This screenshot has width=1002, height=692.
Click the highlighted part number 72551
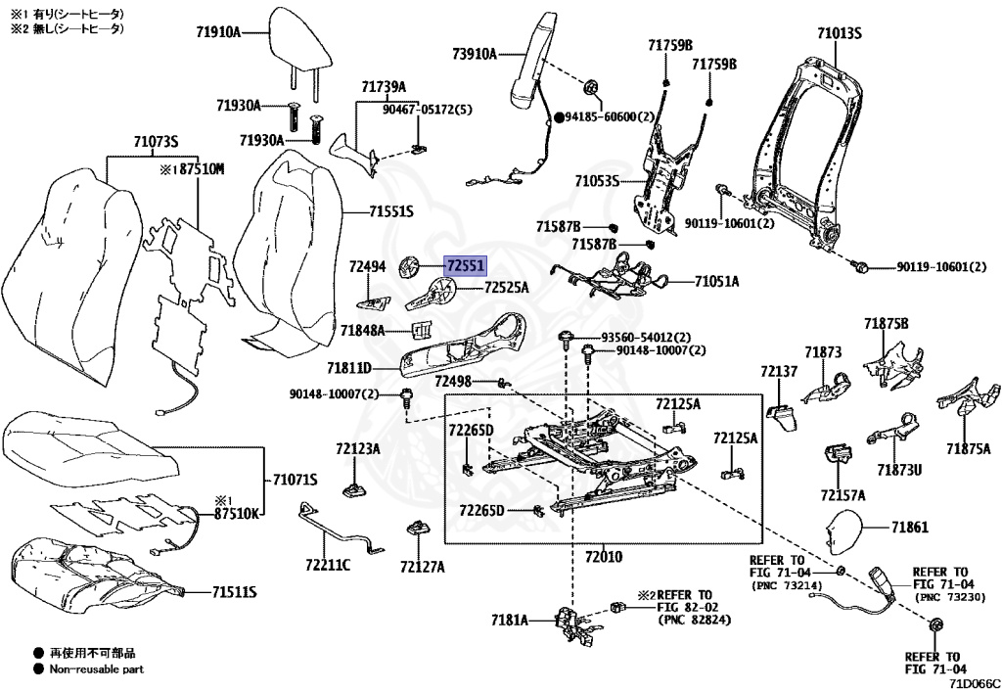pos(466,265)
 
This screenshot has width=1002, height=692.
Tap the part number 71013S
pos(839,32)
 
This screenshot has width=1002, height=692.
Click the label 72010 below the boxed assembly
pos(603,557)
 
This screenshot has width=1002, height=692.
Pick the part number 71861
pos(910,528)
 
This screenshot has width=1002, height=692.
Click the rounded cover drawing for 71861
pos(844,531)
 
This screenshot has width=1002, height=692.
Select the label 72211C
pos(328,565)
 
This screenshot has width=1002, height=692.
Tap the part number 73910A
pos(475,54)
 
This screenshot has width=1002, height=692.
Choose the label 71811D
pos(349,368)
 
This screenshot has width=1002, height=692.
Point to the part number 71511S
pos(235,592)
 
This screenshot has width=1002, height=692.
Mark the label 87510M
pos(202,169)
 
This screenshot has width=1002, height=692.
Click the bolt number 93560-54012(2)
pos(646,337)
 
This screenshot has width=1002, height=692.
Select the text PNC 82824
pos(697,620)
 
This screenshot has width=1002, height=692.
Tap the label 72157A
pos(843,495)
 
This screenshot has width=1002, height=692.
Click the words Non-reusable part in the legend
pos(97,669)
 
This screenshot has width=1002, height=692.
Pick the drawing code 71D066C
pos(975,683)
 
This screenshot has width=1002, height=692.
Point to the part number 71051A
pos(716,281)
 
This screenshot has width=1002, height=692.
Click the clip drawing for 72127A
pos(417,530)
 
